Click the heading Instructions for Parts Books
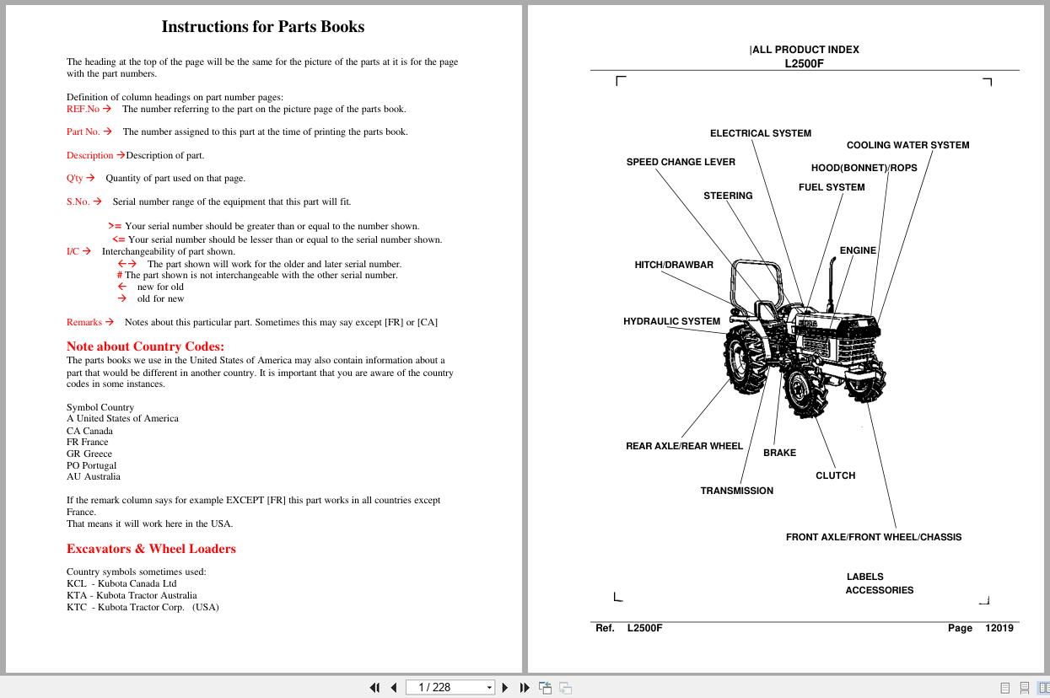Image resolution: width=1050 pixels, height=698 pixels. [262, 27]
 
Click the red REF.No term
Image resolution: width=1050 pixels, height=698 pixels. [83, 109]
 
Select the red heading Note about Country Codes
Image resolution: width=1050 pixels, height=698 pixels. [145, 346]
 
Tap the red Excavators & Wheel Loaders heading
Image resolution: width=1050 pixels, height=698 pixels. [151, 549]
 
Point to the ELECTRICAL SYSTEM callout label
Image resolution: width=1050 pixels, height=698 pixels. [760, 133]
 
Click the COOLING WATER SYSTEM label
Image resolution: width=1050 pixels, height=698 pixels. [907, 145]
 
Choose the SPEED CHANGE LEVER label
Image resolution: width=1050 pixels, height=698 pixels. [680, 162]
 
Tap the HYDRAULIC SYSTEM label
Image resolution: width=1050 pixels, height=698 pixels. [671, 321]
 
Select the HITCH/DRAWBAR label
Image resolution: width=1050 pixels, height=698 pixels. [673, 265]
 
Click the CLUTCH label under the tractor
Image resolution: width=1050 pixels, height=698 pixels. [835, 475]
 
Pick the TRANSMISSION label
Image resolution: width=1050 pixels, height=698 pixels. [736, 491]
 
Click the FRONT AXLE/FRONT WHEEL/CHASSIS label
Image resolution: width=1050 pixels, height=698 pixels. [873, 537]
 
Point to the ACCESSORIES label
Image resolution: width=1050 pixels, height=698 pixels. [879, 590]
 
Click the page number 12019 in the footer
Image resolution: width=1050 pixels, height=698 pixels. [999, 628]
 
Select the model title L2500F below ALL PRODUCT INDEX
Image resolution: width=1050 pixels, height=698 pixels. [804, 63]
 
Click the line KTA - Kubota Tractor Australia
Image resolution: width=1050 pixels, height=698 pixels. [132, 595]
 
